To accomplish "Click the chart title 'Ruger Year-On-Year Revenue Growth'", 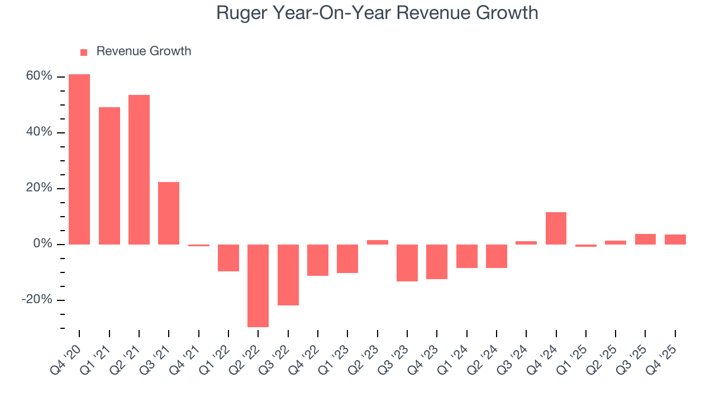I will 377,13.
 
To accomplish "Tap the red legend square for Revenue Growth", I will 84,52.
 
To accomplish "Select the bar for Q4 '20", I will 79,159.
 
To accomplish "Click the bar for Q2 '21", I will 139,170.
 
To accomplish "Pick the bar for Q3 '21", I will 169,213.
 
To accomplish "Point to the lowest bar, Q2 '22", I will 258,285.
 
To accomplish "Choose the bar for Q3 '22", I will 288,275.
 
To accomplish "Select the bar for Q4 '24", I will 556,228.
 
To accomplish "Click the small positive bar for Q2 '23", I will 378,242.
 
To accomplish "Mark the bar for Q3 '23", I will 407,262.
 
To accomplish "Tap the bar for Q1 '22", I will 228,257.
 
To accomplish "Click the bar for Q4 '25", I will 675,240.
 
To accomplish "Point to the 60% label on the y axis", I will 39,76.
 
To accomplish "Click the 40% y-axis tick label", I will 39,132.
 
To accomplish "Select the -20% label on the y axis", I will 37,300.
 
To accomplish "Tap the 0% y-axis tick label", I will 42,244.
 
